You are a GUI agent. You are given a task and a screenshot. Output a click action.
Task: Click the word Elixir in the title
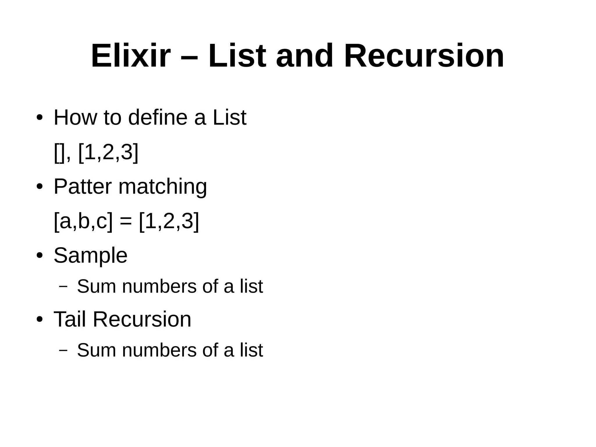coord(131,56)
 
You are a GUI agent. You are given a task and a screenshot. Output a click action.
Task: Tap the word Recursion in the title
coord(424,56)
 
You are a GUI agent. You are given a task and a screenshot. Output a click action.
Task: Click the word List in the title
coord(237,56)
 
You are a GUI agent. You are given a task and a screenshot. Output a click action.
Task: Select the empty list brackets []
coord(59,153)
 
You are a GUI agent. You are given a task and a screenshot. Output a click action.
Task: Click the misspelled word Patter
coord(83,186)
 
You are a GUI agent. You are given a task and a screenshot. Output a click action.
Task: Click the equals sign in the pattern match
coord(126,222)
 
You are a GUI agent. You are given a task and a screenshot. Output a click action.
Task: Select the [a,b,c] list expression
coord(83,222)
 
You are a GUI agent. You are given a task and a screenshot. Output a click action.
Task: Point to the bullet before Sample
coord(40,256)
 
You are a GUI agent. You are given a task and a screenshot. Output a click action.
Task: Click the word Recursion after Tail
coord(142,319)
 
